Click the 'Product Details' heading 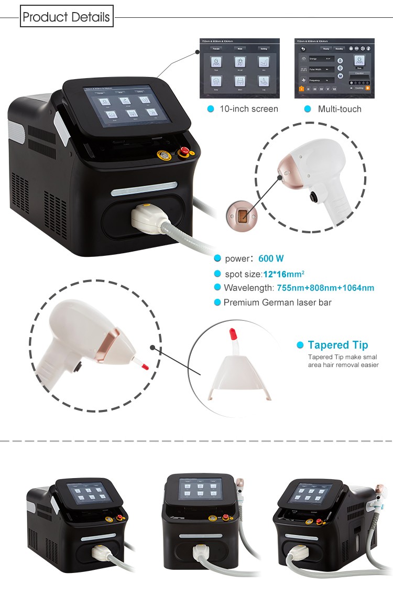(67, 17)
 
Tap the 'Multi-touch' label (340, 109)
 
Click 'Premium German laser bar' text (277, 302)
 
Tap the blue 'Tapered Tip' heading (337, 345)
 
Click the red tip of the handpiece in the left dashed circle (146, 366)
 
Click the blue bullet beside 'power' (217, 258)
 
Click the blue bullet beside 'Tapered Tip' (300, 345)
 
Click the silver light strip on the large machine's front (144, 187)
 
